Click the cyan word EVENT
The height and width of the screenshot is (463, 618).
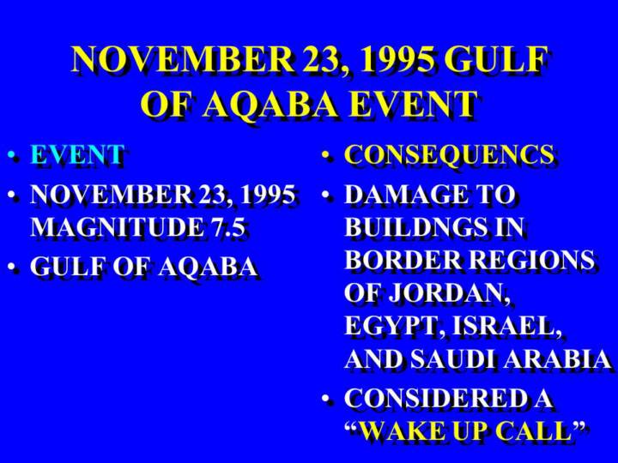[77, 154]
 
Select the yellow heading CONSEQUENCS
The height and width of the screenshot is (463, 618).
[449, 154]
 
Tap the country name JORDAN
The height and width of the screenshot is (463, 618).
[448, 293]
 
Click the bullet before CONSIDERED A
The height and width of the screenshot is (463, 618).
[325, 399]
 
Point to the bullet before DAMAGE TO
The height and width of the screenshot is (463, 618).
[325, 195]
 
